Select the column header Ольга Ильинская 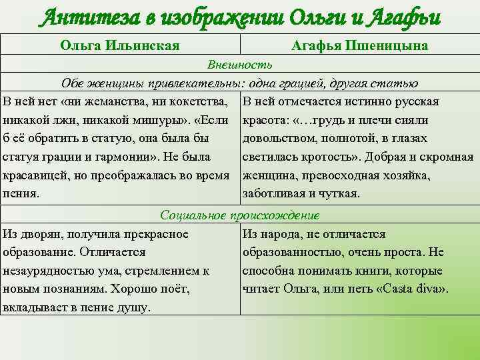click(x=120, y=45)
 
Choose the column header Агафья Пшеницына click(x=360, y=45)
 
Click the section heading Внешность click(x=239, y=65)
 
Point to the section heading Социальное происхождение click(x=239, y=215)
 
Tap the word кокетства click(x=201, y=102)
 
